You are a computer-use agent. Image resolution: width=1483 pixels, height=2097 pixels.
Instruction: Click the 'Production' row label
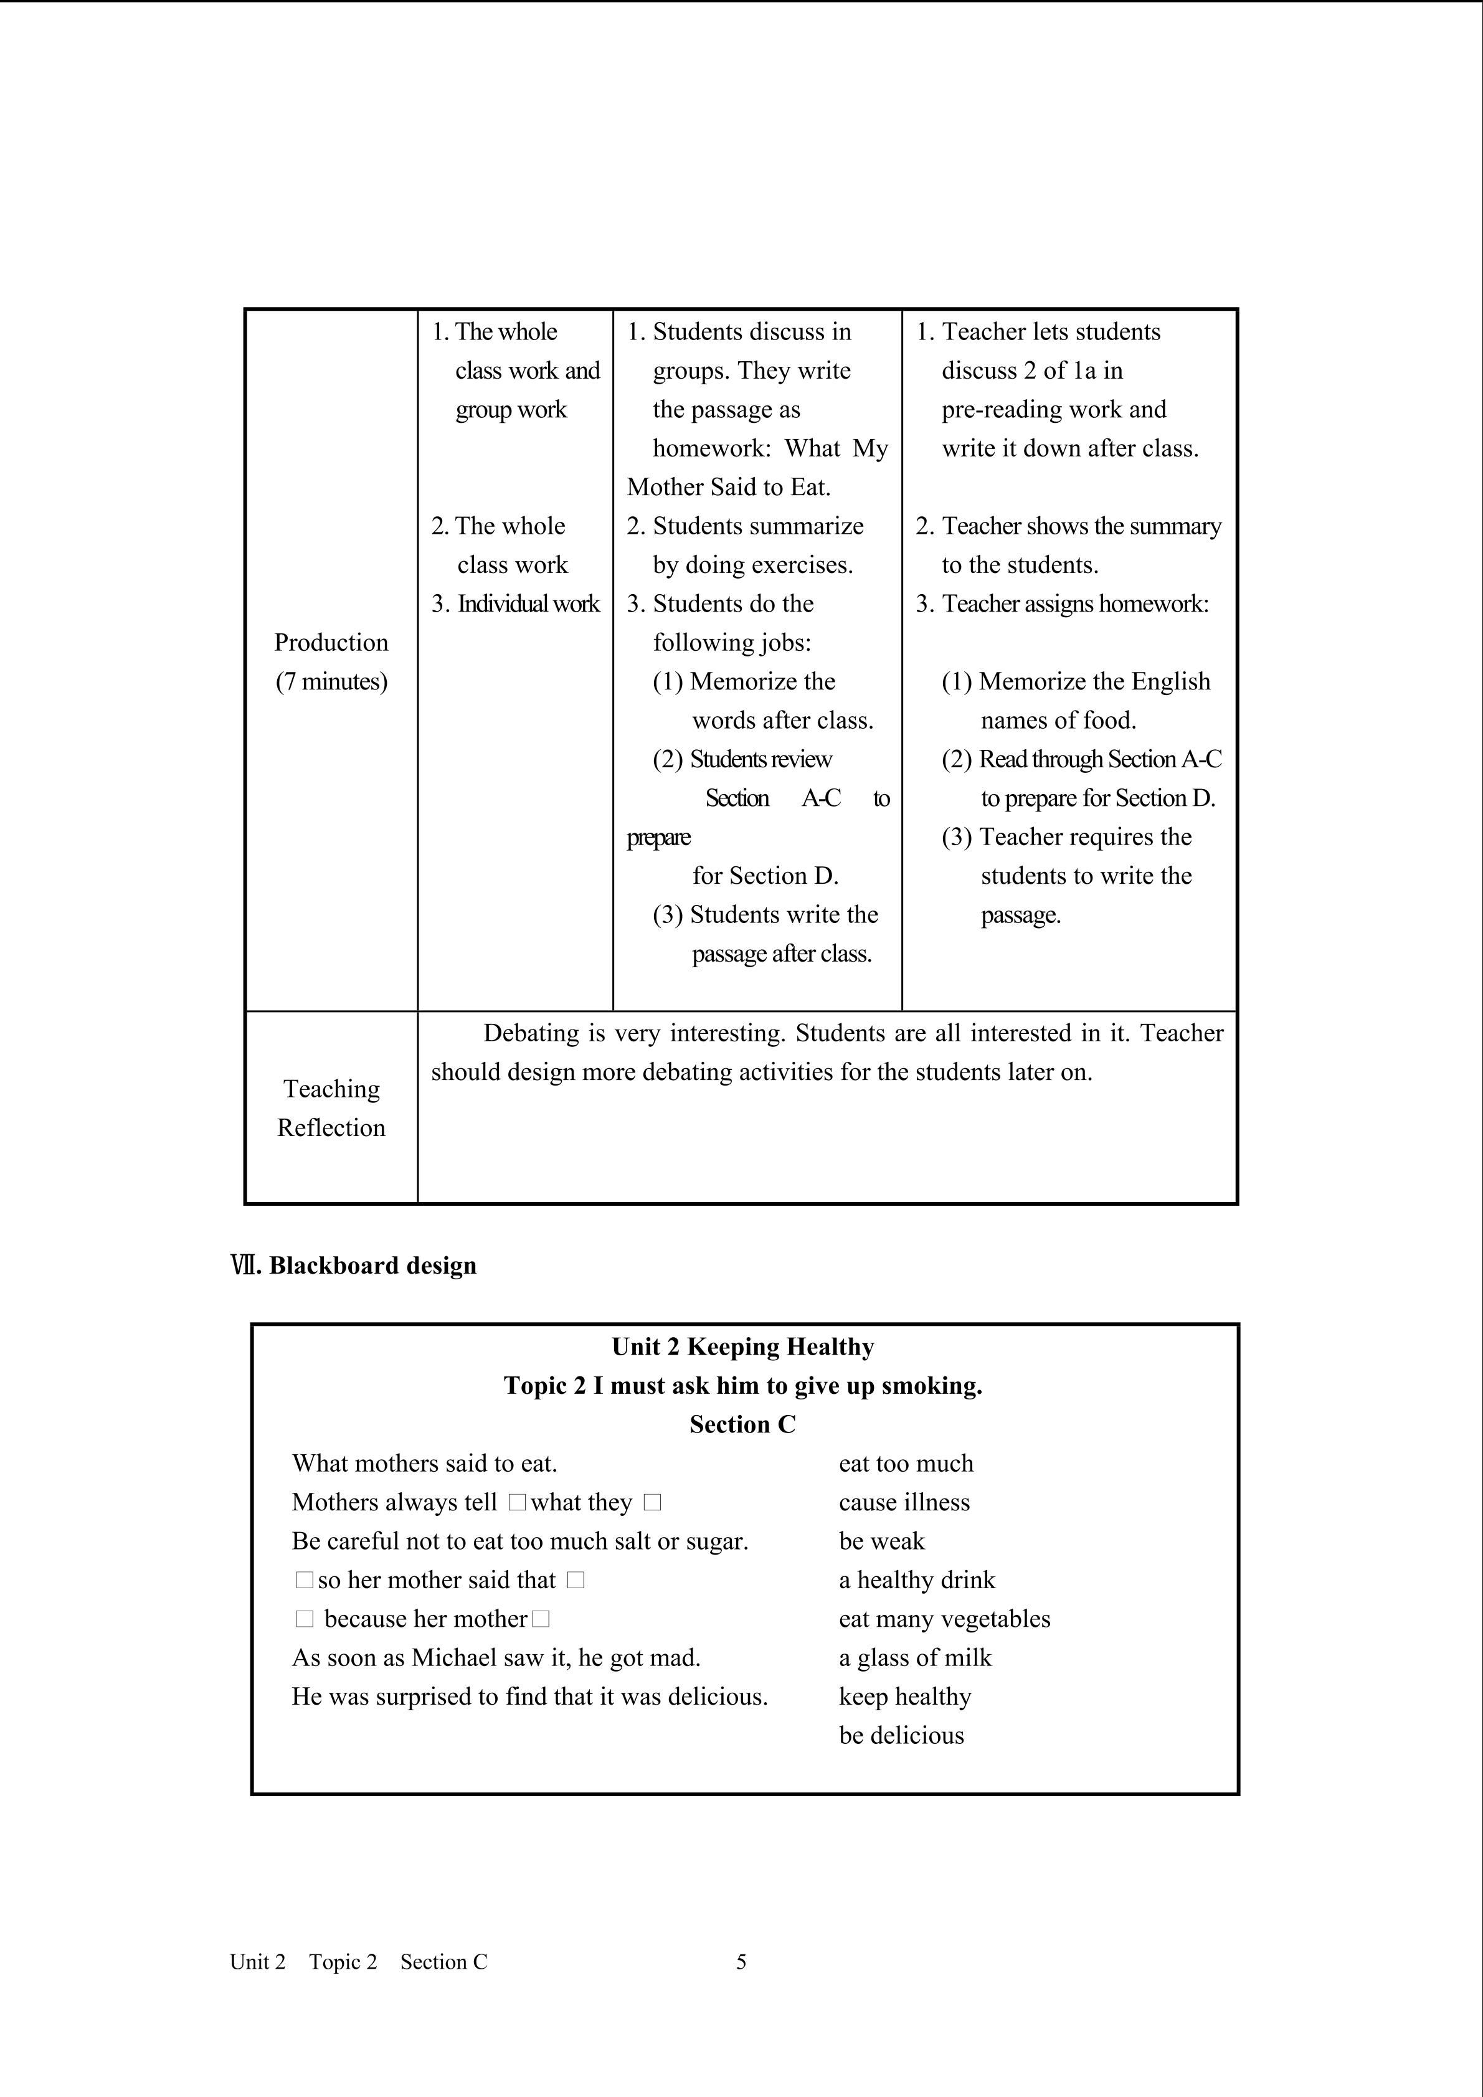[331, 642]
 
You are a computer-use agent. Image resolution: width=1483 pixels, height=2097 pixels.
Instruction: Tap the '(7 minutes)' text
[331, 681]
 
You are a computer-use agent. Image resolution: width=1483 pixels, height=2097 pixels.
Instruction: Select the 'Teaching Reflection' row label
[331, 1108]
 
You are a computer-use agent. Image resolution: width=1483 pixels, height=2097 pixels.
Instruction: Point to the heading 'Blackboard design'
[372, 1265]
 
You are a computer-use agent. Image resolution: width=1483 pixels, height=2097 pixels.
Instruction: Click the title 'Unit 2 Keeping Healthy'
[742, 1347]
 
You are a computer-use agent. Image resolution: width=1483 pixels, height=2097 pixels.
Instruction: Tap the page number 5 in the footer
[741, 1962]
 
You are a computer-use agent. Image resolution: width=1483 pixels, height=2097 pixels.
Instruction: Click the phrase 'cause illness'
[904, 1502]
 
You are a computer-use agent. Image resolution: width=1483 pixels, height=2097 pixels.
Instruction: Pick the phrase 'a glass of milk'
[915, 1658]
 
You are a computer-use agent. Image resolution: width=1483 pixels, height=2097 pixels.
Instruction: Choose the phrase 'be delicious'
[901, 1735]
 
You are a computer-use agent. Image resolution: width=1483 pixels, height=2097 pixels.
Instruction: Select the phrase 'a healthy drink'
[917, 1580]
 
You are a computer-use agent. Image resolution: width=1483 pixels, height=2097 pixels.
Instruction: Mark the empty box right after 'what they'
[652, 1502]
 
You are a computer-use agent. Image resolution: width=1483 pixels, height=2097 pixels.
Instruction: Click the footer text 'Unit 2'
[257, 1962]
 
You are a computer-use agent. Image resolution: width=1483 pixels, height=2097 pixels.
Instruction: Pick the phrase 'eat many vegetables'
[944, 1619]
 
